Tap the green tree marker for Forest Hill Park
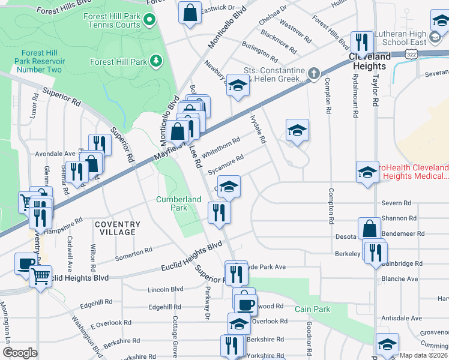(156, 61)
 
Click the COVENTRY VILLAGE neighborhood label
(118, 228)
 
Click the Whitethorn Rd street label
(221, 146)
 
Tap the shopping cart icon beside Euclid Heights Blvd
(41, 275)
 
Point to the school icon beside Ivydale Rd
(297, 130)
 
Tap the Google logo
(20, 352)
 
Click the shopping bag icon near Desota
(370, 228)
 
